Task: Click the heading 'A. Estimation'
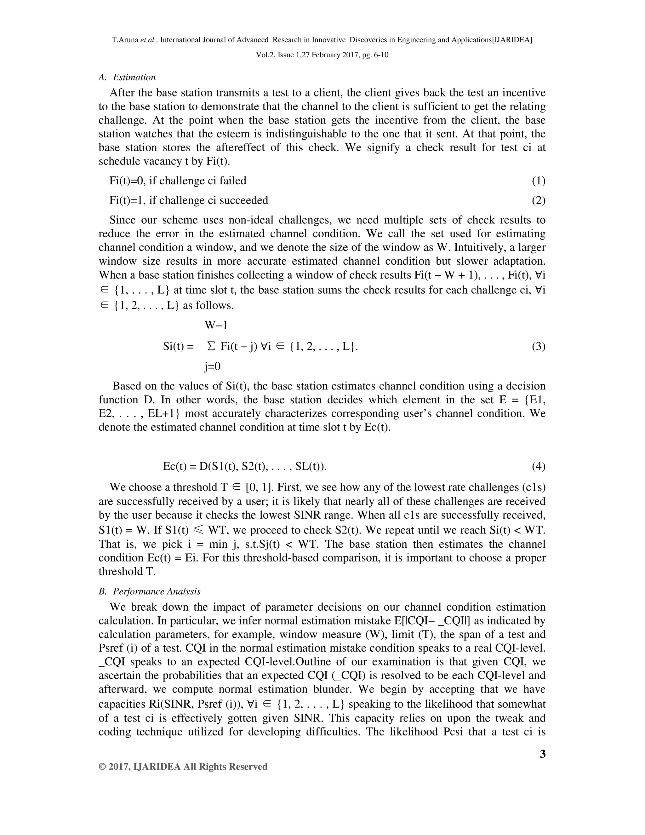(x=127, y=78)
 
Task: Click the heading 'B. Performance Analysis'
(x=149, y=591)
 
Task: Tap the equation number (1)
(x=538, y=181)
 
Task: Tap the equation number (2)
(x=538, y=200)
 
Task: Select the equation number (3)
(x=538, y=347)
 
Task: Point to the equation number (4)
(x=538, y=466)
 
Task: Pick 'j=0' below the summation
(x=213, y=367)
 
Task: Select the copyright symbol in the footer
(x=102, y=767)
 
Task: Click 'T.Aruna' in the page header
(x=125, y=40)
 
